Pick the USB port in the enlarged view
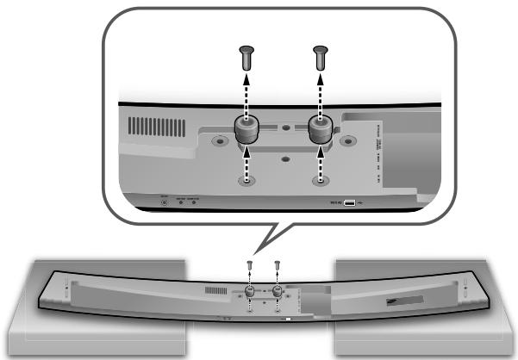[349, 203]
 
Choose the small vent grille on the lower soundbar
[215, 293]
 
